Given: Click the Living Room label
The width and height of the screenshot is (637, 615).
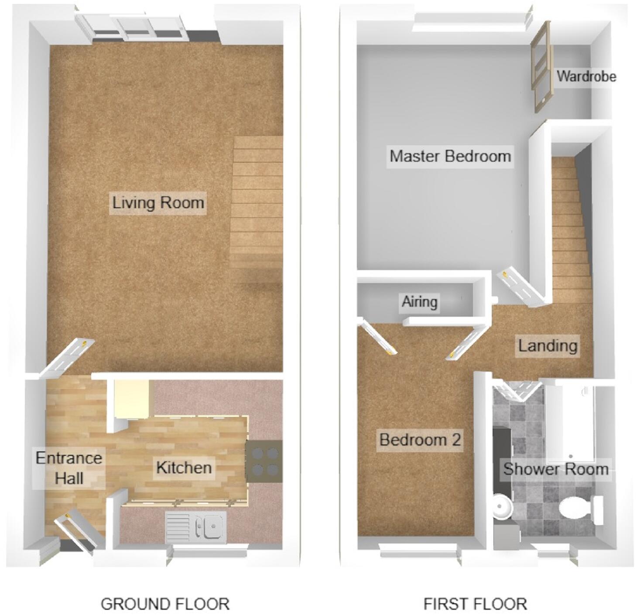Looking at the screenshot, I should [158, 203].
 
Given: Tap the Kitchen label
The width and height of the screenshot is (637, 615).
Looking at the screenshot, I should [184, 468].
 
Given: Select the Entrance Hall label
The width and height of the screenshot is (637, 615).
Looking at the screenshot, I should [69, 468].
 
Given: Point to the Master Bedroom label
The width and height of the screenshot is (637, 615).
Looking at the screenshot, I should [450, 156].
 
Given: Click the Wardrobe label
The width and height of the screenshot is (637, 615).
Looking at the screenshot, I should [586, 76].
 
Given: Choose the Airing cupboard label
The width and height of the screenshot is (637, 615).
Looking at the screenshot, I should [419, 301].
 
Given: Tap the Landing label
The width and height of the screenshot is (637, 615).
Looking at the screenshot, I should [548, 345].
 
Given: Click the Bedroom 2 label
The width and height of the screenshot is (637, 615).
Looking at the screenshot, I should [420, 439].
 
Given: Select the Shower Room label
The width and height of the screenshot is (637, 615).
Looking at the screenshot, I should [555, 469].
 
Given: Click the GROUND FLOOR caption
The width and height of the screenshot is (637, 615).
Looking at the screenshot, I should [165, 604].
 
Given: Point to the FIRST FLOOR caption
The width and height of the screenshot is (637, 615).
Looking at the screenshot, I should [475, 604].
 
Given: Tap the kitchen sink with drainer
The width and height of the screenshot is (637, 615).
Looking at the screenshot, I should [196, 527].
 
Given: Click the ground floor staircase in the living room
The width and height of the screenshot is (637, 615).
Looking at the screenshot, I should [257, 205].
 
